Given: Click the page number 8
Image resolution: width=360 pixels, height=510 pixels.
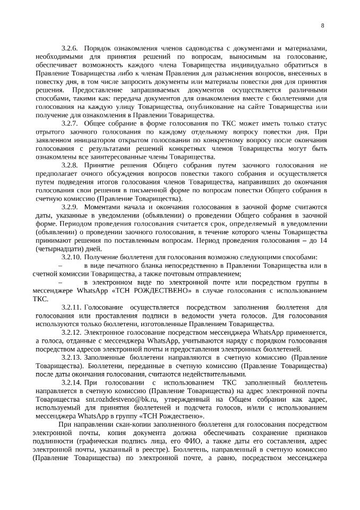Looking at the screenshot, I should (323, 25).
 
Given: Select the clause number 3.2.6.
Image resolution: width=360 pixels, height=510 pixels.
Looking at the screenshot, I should (70, 48).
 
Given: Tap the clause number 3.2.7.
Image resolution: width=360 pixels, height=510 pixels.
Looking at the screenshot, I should (70, 123).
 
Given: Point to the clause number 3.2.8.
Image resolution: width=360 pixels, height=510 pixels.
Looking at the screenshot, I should (70, 165).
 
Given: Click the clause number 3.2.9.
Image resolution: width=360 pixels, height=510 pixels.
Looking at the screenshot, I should (70, 207).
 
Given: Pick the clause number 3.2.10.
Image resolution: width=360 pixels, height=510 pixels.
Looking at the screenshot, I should (72, 257).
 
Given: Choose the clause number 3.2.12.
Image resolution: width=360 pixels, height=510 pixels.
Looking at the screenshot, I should (72, 332).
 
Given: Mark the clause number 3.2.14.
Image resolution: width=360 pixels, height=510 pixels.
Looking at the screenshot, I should (72, 382).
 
